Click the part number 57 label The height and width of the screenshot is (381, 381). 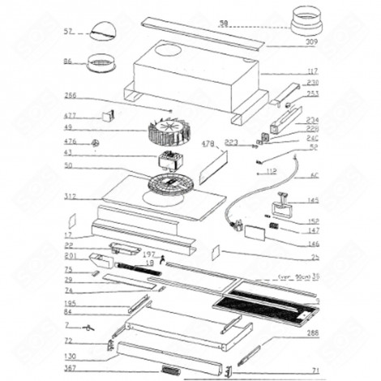click(67, 34)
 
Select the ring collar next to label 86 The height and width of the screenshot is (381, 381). click(102, 62)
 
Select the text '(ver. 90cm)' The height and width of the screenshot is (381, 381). click(293, 276)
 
